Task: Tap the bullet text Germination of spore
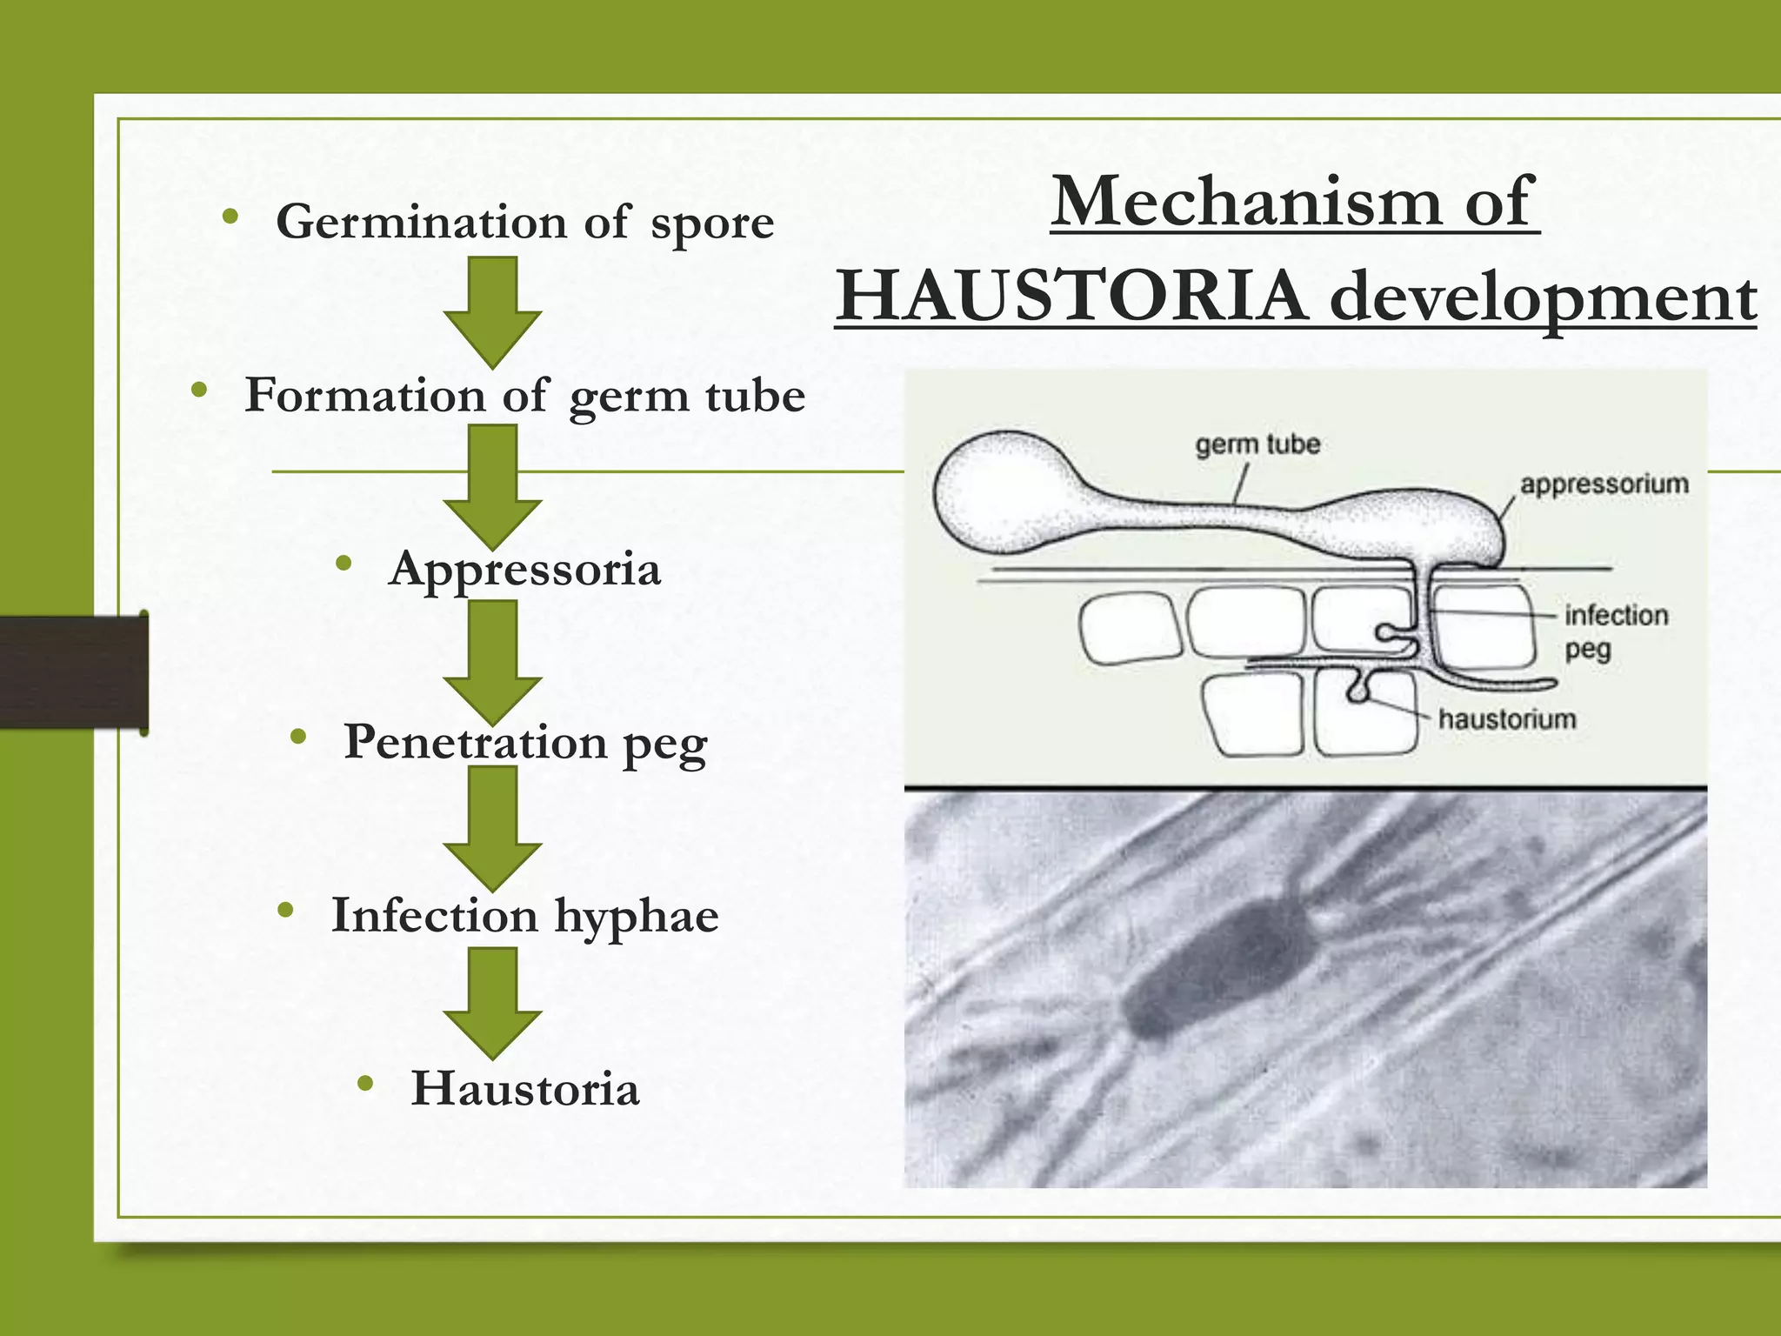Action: tap(524, 222)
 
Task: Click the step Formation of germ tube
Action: tap(524, 396)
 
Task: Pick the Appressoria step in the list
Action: tap(524, 569)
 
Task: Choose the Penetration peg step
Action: tap(524, 743)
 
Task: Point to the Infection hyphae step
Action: tap(524, 916)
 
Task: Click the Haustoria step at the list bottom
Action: tap(524, 1089)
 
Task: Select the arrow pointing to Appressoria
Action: tap(492, 486)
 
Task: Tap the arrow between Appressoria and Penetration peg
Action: tap(492, 661)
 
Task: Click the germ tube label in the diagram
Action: tap(1257, 444)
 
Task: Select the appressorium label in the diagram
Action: tap(1604, 484)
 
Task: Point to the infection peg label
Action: tap(1615, 631)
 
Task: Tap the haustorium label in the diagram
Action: tap(1507, 719)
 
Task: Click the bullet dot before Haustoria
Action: tap(365, 1084)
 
